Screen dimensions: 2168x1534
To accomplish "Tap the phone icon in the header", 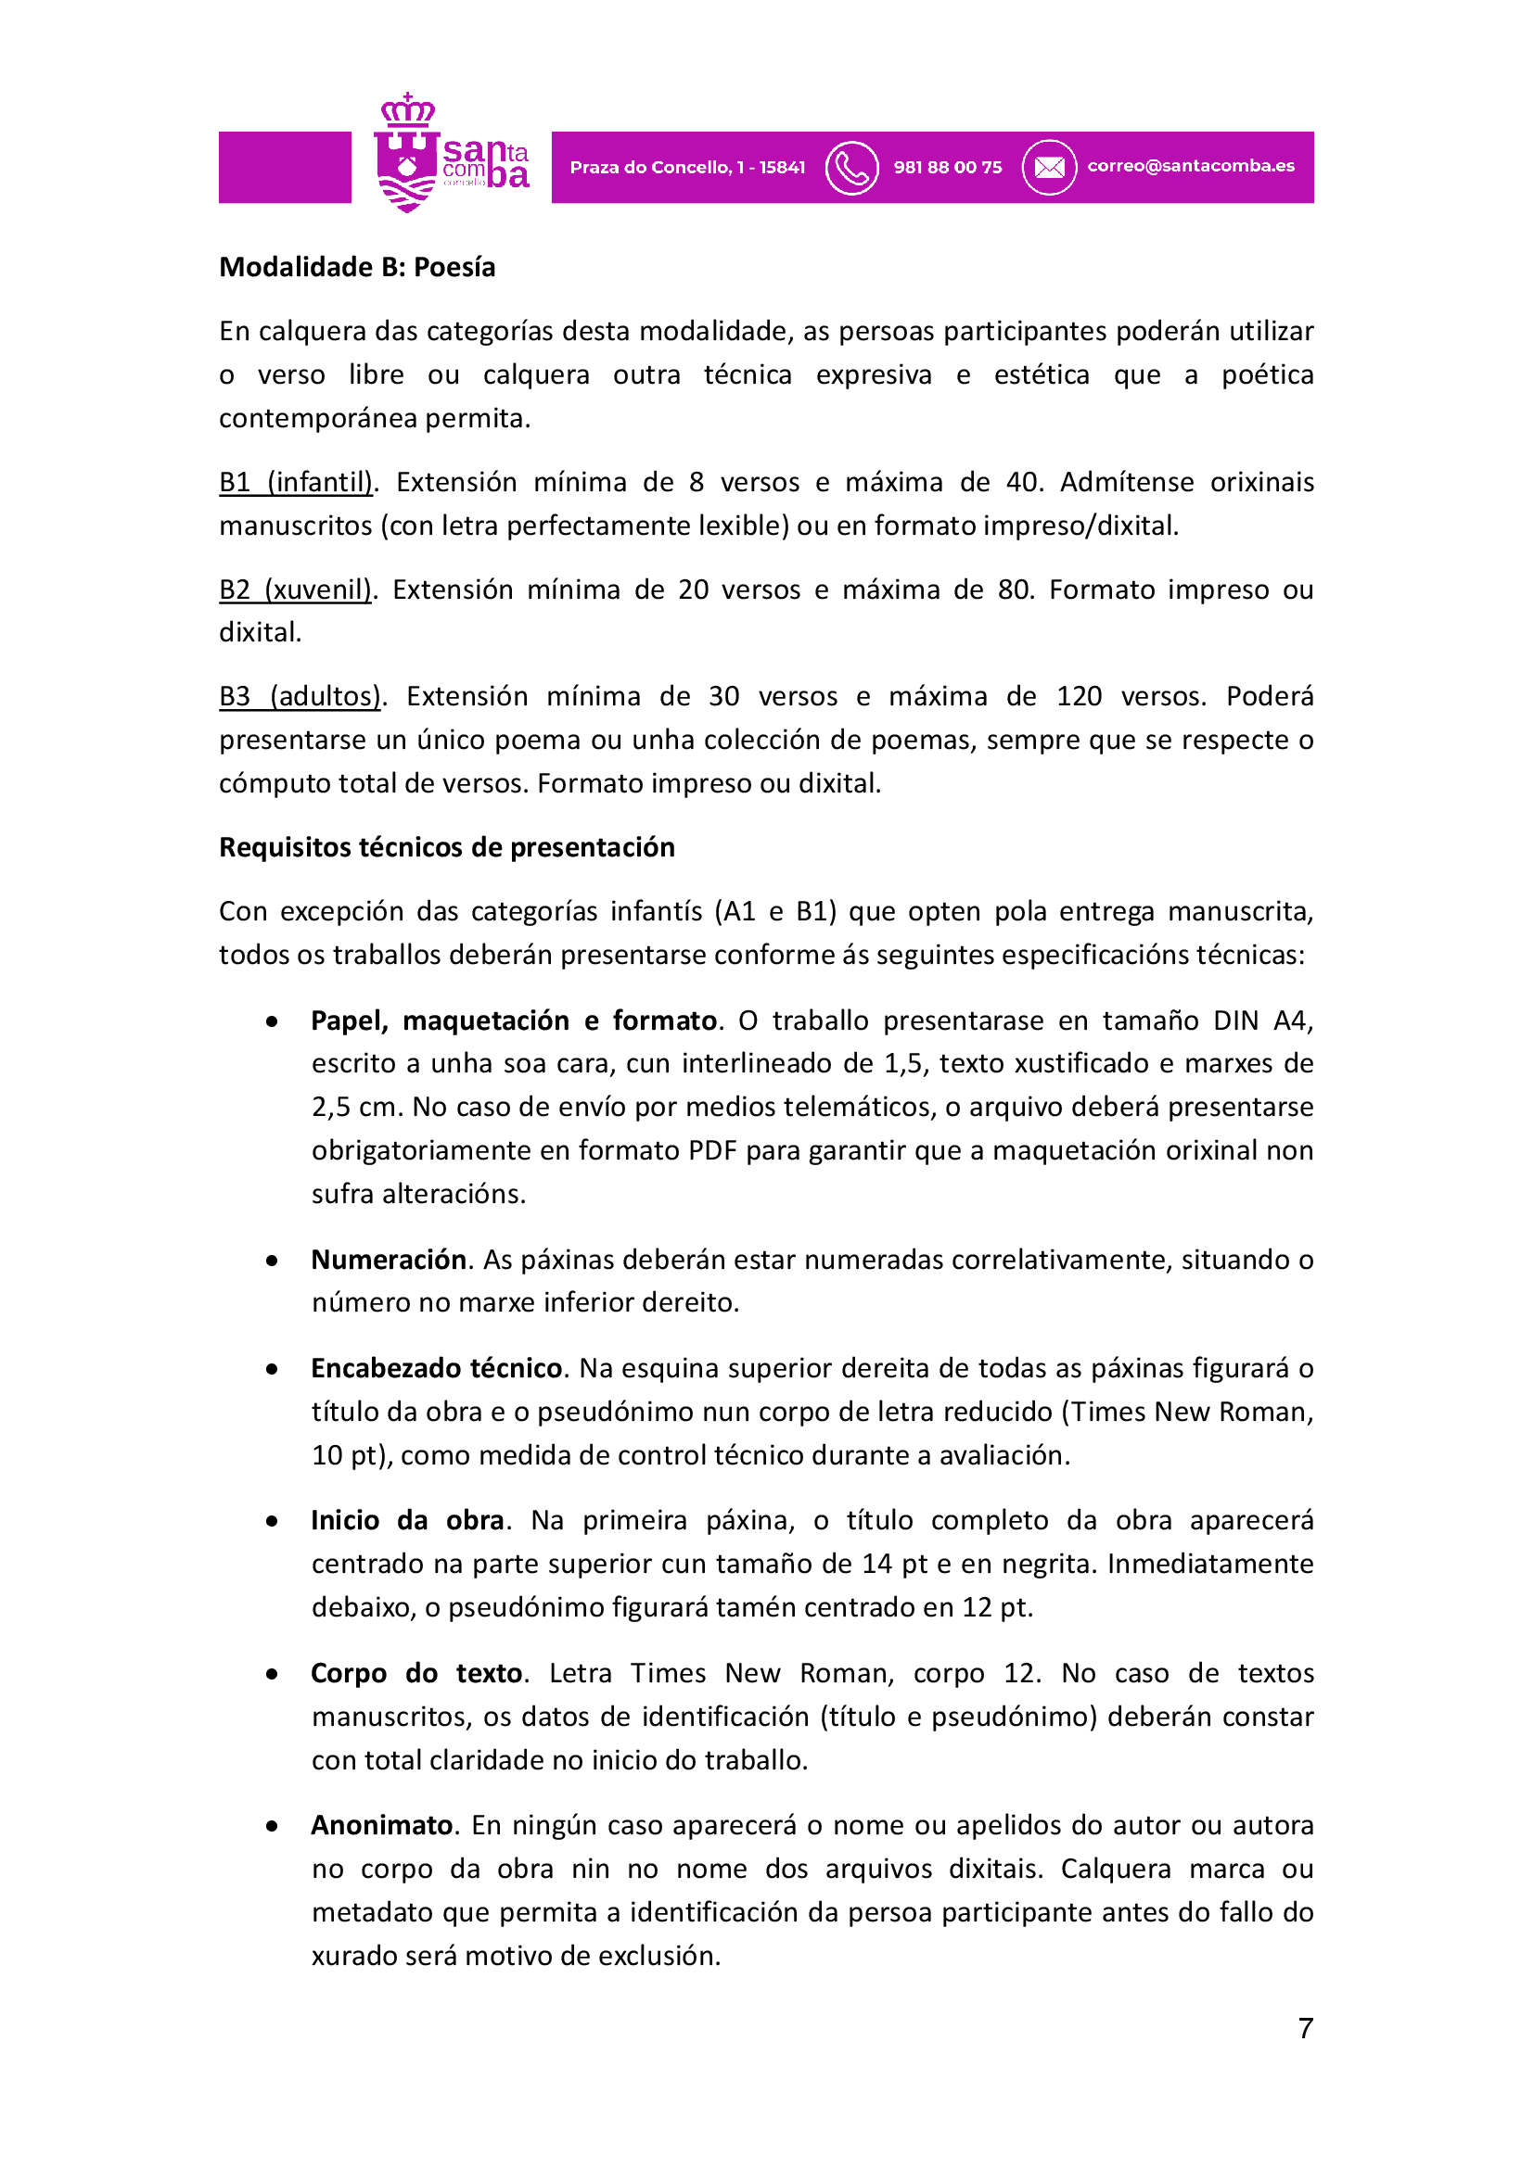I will click(x=851, y=168).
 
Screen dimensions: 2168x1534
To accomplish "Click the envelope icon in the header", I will click(x=1049, y=168).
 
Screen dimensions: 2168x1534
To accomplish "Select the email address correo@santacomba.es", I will click(x=1190, y=166).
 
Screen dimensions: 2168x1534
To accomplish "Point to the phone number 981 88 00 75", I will click(x=948, y=168).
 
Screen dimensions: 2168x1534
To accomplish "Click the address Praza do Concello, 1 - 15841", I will click(x=687, y=168).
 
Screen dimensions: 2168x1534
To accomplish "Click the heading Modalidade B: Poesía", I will click(x=357, y=267).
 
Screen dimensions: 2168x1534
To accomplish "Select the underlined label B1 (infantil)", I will click(x=297, y=483).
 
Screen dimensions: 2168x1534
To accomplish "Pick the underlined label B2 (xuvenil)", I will click(x=296, y=590).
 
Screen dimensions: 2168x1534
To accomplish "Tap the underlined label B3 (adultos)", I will click(x=300, y=697).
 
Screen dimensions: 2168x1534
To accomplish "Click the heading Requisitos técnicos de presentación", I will click(x=447, y=848).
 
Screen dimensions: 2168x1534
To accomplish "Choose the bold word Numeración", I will click(x=389, y=1260).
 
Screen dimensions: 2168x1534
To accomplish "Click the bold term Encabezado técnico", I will click(x=437, y=1368).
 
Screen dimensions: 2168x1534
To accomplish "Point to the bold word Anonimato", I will click(x=381, y=1825).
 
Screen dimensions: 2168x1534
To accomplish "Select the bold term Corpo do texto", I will click(x=416, y=1673).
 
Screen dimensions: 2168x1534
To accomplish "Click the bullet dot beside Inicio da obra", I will click(x=272, y=1521).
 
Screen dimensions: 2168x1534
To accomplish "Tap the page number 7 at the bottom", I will click(x=1306, y=2028).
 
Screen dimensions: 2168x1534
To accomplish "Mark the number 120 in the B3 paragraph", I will click(x=1079, y=697).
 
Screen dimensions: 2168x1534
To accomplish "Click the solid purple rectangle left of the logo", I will click(x=285, y=167).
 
